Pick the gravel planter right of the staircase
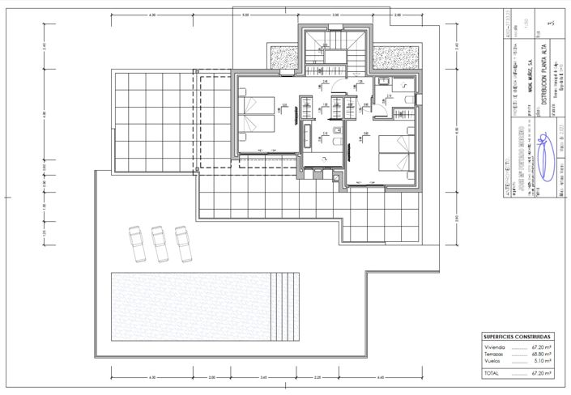pos(396,57)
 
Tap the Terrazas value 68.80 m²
pos(542,354)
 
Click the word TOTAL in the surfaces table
pos(491,374)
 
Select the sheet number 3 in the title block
pos(552,24)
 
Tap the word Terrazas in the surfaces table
pos(493,354)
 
